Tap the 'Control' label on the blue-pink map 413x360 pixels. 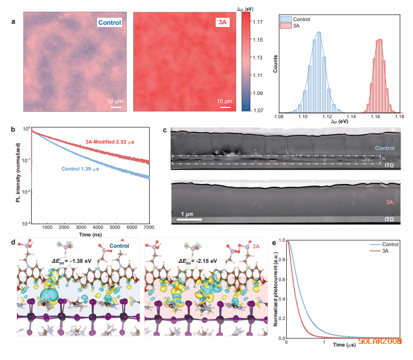tap(109, 23)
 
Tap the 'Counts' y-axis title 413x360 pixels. tap(276, 63)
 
